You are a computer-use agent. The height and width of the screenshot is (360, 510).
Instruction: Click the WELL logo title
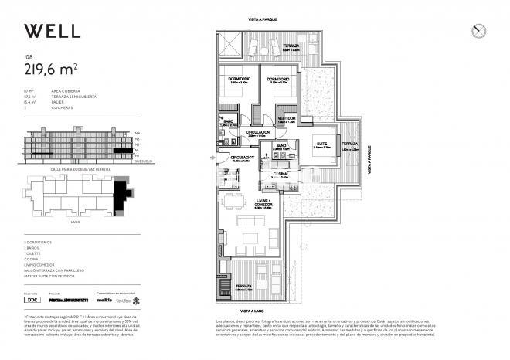tap(52, 31)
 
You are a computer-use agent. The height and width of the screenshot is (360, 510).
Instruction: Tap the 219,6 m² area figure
tap(51, 70)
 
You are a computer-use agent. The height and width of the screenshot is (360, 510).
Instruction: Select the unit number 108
tap(29, 56)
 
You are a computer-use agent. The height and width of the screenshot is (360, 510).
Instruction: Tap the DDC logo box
tap(32, 299)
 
